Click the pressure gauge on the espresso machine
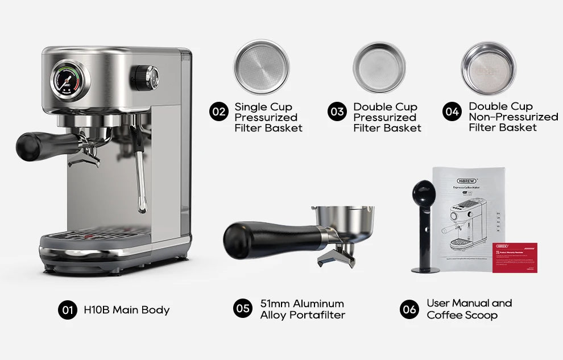click(69, 81)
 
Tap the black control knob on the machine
click(146, 78)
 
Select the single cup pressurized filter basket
click(262, 67)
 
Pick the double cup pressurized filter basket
click(379, 67)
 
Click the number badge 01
click(67, 310)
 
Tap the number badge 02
click(219, 111)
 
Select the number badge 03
click(337, 111)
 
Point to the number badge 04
click(452, 111)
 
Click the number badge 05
click(243, 308)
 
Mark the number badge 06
click(409, 309)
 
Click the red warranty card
click(515, 258)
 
